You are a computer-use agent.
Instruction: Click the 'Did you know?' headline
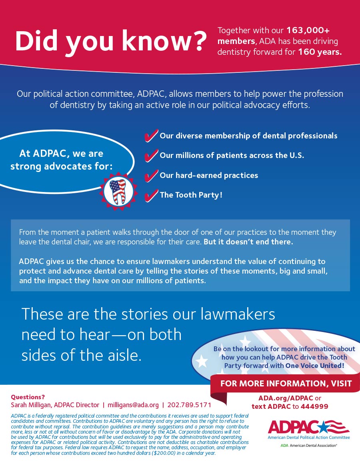pos(110,41)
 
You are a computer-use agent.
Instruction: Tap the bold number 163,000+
pos(308,30)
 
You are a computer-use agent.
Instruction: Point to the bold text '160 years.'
pos(320,52)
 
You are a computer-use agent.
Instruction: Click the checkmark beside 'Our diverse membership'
pos(151,136)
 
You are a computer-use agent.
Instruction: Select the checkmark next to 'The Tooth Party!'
pos(151,195)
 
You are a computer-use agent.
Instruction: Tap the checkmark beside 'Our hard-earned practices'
pos(151,175)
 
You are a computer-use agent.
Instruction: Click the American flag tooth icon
pos(118,191)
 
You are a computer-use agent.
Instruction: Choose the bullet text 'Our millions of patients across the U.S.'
pos(232,156)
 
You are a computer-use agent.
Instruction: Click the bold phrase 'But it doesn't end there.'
pos(248,242)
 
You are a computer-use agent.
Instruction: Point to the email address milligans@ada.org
pos(133,405)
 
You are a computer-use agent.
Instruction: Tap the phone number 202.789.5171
pos(189,405)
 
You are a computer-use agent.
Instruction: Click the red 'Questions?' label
pos(28,397)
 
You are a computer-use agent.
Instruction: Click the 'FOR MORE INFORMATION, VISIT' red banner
pos(286,384)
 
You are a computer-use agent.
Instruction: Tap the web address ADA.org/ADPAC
pos(286,398)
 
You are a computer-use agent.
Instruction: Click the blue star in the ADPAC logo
pos(323,428)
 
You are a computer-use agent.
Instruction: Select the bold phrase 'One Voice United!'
pos(315,366)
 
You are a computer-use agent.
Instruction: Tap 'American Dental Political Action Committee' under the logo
pos(309,438)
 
